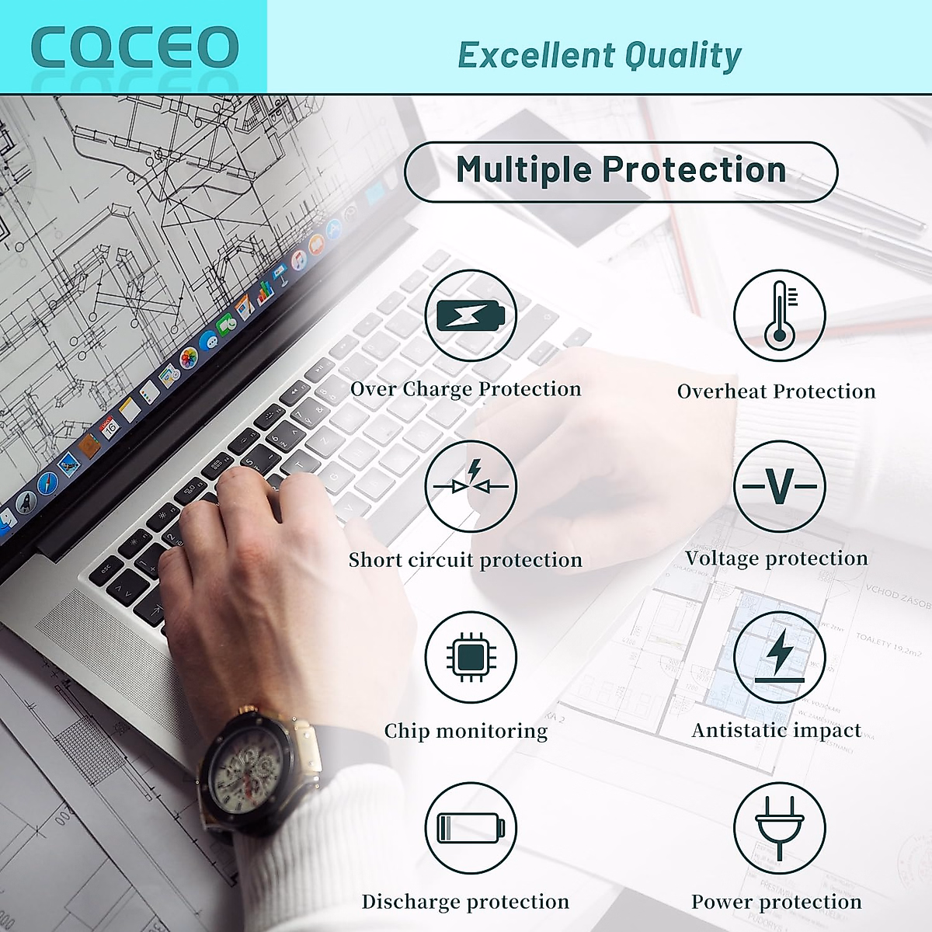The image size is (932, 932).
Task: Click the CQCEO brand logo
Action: [x=134, y=48]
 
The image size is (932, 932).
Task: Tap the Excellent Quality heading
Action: [x=599, y=55]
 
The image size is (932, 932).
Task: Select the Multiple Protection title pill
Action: [x=621, y=172]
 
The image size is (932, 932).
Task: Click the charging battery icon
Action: [x=471, y=315]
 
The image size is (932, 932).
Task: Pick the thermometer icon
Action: [x=779, y=315]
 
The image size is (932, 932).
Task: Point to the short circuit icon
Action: [x=471, y=486]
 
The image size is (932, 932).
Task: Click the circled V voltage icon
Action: [x=779, y=486]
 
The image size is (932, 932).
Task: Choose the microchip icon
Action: [x=471, y=657]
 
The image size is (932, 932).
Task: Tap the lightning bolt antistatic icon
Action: [x=779, y=657]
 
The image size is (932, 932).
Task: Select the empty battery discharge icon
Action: [x=471, y=828]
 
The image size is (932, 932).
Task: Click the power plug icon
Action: [x=779, y=828]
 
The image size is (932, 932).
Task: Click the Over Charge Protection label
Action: [x=465, y=389]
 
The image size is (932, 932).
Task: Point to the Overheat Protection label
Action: [x=776, y=391]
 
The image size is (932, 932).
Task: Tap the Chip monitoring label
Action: [x=465, y=731]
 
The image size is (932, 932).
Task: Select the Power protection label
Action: [x=776, y=902]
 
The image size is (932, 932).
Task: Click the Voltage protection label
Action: [x=776, y=558]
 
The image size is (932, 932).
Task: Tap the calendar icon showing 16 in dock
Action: [x=110, y=426]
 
